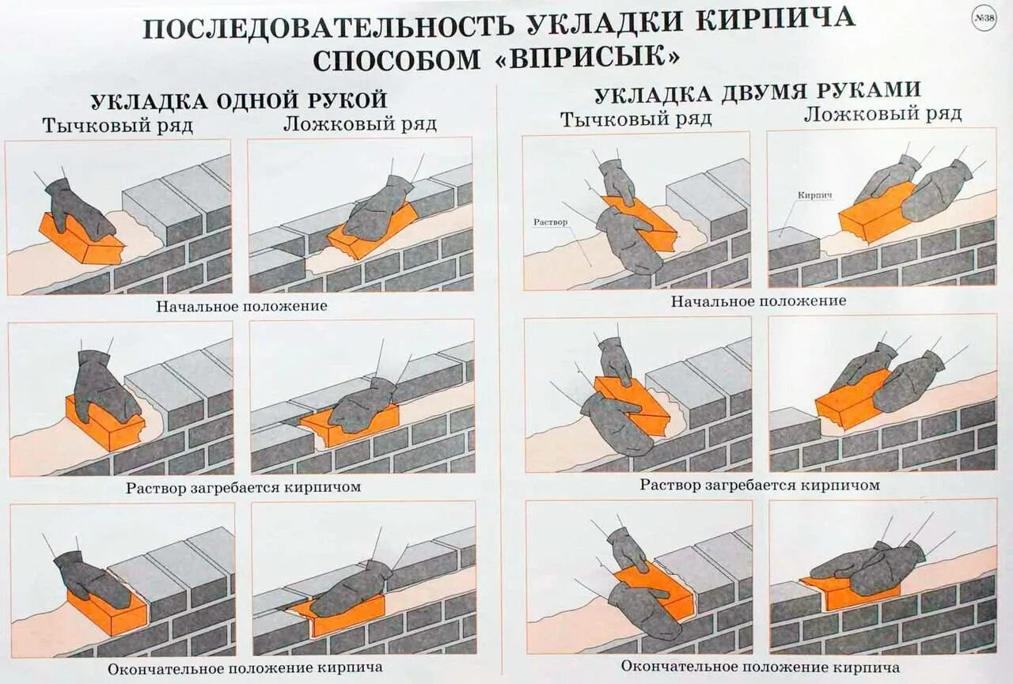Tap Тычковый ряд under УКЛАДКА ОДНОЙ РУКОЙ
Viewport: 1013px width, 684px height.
(x=118, y=126)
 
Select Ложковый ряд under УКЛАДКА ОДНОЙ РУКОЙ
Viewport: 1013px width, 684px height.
(x=360, y=124)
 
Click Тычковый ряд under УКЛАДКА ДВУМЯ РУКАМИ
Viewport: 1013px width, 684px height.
(x=636, y=119)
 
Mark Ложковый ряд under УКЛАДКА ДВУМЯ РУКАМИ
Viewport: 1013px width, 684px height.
(x=883, y=114)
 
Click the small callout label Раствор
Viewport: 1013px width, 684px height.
(x=551, y=222)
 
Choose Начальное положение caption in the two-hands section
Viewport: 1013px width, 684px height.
(x=758, y=300)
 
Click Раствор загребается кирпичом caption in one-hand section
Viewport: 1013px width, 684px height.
(x=243, y=487)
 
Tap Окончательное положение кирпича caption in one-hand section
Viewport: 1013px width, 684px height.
(x=245, y=668)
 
